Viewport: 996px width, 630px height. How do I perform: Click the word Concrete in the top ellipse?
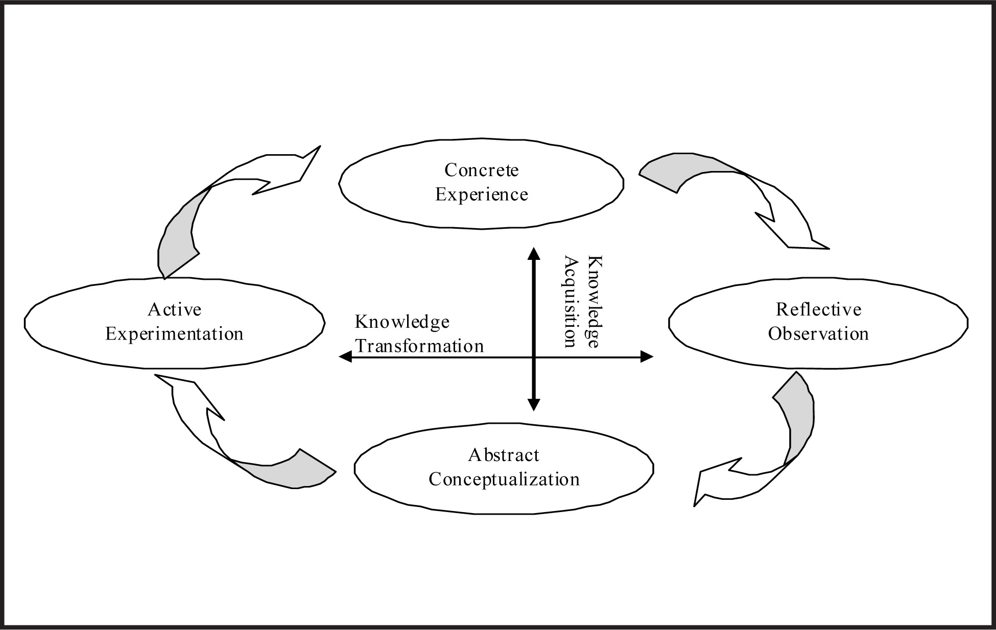(481, 170)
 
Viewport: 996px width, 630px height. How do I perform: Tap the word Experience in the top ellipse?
(481, 195)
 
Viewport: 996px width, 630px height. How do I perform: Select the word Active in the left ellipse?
(175, 309)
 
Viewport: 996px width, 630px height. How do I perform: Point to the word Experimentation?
(174, 334)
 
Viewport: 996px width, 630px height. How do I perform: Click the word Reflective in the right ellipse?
(818, 309)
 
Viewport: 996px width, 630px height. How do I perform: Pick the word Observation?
(818, 334)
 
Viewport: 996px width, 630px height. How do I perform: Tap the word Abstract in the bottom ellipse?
(504, 455)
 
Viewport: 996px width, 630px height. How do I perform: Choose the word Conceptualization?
(504, 479)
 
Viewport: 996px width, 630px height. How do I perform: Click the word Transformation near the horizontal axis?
(419, 346)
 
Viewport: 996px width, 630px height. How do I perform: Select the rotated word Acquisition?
(571, 302)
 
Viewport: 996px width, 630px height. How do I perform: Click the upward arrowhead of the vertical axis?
(534, 254)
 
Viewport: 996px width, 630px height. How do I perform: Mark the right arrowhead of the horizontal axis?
(647, 357)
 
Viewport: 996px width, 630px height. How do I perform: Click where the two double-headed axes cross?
(534, 357)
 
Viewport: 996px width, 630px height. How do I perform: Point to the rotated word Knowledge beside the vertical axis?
(594, 302)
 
